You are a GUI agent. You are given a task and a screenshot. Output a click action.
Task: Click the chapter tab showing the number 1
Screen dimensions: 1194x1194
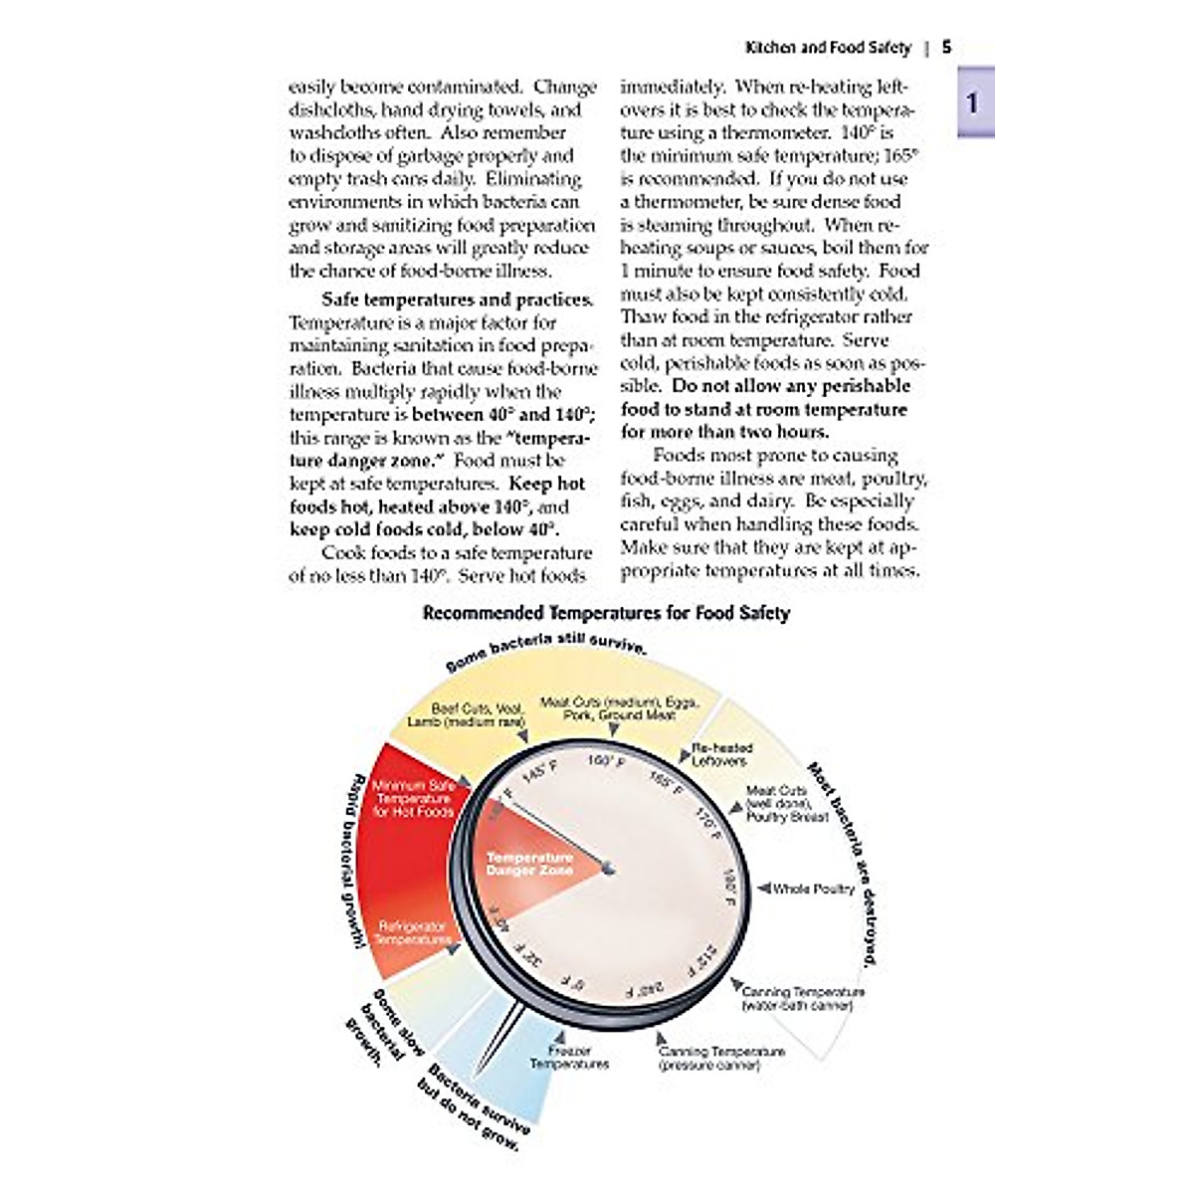(975, 101)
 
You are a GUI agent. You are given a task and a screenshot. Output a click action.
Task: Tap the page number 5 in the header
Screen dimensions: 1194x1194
(947, 47)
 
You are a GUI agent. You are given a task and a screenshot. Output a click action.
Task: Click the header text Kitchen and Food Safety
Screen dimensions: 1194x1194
(828, 48)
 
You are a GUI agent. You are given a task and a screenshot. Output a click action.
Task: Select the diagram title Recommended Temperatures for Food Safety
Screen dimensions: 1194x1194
(606, 613)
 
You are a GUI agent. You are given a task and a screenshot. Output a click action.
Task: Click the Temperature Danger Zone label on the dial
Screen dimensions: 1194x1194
(529, 864)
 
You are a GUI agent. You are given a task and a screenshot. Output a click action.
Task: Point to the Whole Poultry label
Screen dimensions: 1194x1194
(813, 889)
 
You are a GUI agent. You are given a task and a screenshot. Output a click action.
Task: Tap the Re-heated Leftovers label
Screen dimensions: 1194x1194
(722, 754)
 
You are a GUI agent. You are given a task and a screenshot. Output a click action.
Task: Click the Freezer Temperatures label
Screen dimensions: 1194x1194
(569, 1058)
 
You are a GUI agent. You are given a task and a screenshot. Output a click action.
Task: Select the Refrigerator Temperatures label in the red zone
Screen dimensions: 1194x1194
(413, 933)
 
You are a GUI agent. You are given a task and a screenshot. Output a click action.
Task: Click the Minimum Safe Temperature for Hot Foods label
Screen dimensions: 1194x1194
(413, 799)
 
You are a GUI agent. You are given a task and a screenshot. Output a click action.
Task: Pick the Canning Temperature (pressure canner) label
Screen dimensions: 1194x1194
(720, 1059)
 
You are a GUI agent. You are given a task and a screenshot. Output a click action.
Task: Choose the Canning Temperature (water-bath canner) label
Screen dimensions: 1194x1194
(803, 998)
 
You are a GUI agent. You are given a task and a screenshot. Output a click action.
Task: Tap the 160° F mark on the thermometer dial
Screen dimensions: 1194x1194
(605, 761)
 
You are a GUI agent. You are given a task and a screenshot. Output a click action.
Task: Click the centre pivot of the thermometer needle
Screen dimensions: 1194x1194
(608, 870)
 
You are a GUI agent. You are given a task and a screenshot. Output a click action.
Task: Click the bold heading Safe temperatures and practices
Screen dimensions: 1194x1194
(457, 299)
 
